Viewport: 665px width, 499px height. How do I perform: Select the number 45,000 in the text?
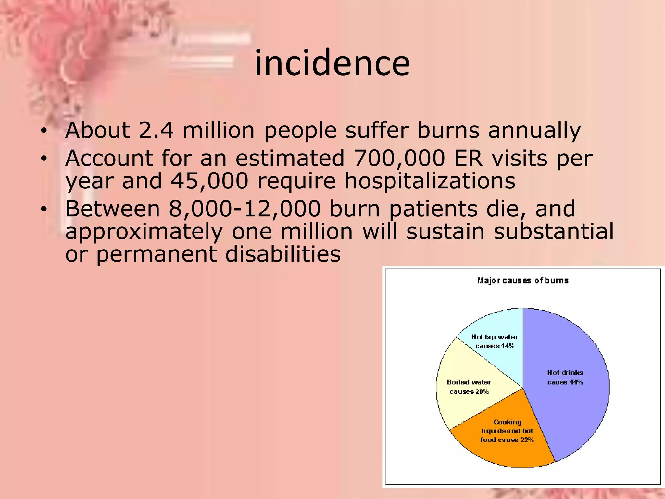point(210,181)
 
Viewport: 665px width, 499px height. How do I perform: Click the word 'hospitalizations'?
point(430,181)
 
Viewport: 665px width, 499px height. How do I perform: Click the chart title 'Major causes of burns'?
point(523,281)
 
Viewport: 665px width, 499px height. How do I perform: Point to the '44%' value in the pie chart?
point(576,382)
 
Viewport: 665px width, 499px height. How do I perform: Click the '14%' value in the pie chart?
point(508,346)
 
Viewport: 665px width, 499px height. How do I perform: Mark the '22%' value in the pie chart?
point(527,440)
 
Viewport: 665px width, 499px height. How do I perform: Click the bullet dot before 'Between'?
point(44,209)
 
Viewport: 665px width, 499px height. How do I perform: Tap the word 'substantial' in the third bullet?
point(554,232)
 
